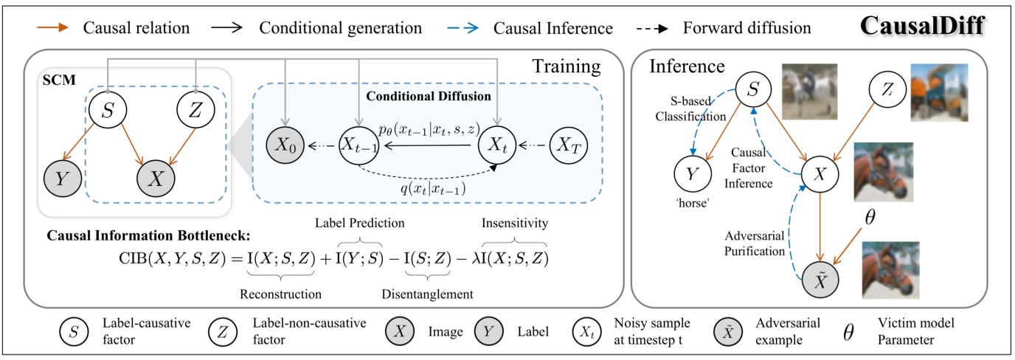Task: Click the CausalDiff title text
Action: [925, 27]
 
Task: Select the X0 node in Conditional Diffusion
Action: [284, 147]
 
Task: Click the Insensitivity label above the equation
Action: [515, 221]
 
